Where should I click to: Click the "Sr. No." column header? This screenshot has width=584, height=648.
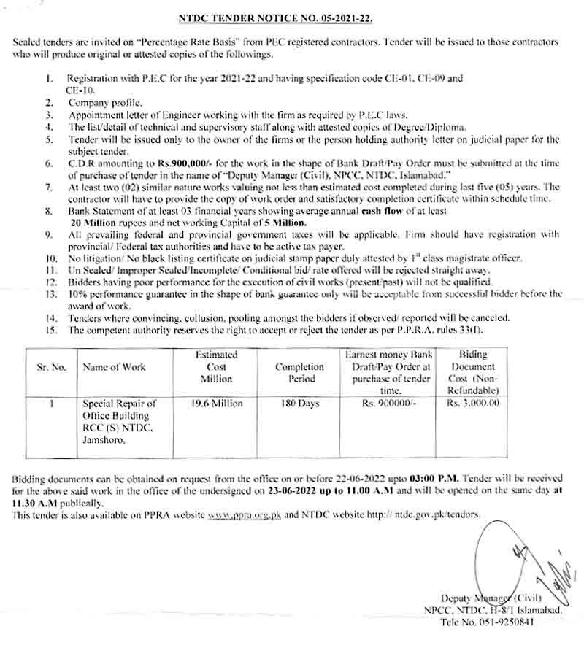pos(51,367)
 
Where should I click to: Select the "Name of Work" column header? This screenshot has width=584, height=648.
pos(111,367)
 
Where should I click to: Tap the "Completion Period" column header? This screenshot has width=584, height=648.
pos(299,372)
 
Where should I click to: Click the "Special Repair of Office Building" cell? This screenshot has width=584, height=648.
pos(120,421)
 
